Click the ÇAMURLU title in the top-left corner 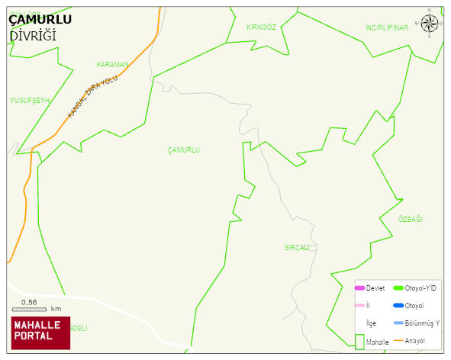coord(40,20)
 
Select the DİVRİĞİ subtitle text coord(33,37)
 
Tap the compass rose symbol coord(430,24)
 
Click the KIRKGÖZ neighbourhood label coord(260,27)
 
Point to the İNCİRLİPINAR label coord(387,27)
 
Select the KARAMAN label coord(112,65)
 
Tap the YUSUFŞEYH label coord(29,100)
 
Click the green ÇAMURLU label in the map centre coord(183,150)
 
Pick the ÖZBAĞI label coord(410,220)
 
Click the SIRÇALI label coord(298,248)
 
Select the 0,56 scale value coord(29,302)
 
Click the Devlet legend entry coord(375,288)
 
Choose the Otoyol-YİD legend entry coord(420,288)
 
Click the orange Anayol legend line coord(398,340)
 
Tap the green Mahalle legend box coord(359,342)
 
